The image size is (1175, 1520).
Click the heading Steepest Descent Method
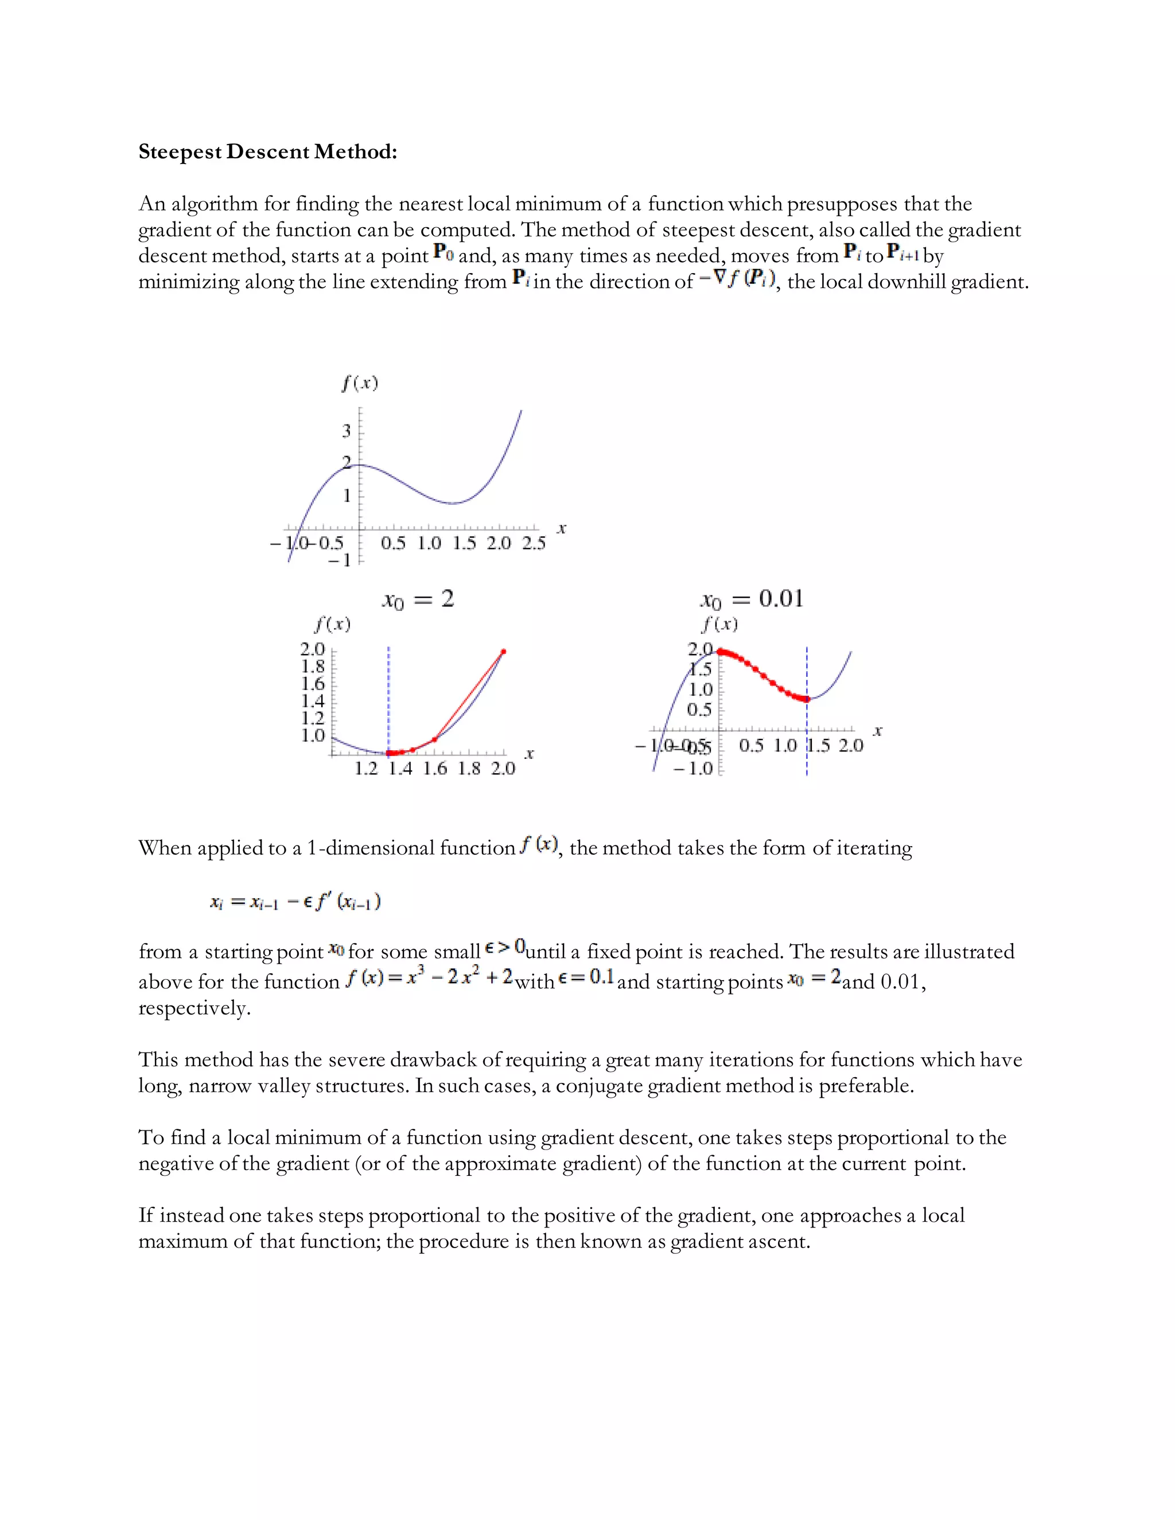267,152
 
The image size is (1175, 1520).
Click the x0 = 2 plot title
418,599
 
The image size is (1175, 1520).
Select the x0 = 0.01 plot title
751,599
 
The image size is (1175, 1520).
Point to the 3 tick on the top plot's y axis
347,431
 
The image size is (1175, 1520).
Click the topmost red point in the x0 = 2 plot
503,652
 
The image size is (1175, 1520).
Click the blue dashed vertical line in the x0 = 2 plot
388,696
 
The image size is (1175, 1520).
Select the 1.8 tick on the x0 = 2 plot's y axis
313,666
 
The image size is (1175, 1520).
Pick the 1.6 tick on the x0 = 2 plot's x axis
435,769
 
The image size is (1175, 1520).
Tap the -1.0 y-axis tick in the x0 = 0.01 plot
693,769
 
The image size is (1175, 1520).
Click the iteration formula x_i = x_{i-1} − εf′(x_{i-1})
295,902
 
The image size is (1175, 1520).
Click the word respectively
194,1008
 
